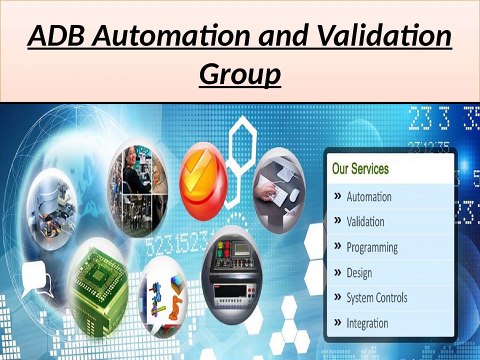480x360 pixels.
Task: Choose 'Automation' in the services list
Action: (x=368, y=196)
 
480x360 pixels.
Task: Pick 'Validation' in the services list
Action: (x=365, y=221)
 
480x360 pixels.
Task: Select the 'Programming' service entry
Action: (x=371, y=247)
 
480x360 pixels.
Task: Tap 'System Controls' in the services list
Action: (x=376, y=297)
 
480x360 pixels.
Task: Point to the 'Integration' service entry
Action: (x=367, y=322)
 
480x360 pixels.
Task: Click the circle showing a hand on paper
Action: (x=281, y=188)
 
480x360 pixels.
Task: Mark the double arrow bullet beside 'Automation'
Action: (x=337, y=197)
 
